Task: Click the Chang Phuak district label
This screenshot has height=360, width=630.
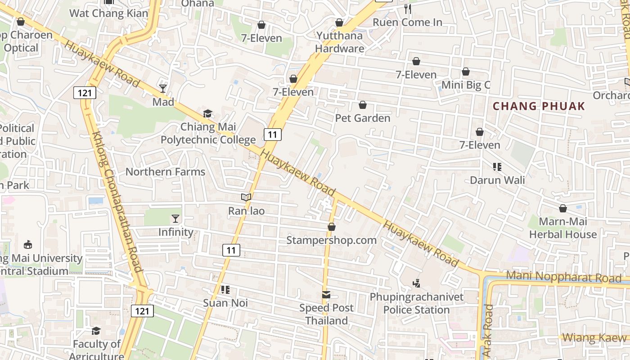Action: click(539, 106)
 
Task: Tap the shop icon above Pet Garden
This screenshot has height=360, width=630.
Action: click(363, 105)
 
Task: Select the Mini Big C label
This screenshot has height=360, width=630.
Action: click(466, 85)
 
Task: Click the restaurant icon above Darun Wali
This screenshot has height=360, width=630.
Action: click(497, 167)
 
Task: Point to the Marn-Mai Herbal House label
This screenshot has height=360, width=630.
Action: click(562, 228)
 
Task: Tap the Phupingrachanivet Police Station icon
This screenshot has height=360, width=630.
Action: click(416, 283)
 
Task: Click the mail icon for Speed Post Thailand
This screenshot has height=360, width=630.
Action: click(326, 295)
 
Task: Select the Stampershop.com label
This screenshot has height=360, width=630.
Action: click(332, 240)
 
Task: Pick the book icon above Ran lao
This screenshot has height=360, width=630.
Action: click(246, 197)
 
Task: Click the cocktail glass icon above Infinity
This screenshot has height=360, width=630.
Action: click(175, 219)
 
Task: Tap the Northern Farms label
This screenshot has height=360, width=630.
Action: click(165, 171)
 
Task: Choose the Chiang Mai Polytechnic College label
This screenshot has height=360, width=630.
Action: click(208, 133)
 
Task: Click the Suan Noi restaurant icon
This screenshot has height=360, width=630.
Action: click(225, 289)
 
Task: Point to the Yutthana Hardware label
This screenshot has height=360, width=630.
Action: click(339, 42)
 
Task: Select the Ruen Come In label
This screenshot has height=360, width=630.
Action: click(408, 22)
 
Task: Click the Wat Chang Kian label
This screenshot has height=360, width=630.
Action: click(109, 13)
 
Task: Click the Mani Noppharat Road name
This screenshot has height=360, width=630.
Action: click(563, 277)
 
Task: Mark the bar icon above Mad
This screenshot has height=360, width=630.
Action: click(163, 88)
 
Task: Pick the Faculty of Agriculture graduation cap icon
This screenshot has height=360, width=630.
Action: click(96, 331)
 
